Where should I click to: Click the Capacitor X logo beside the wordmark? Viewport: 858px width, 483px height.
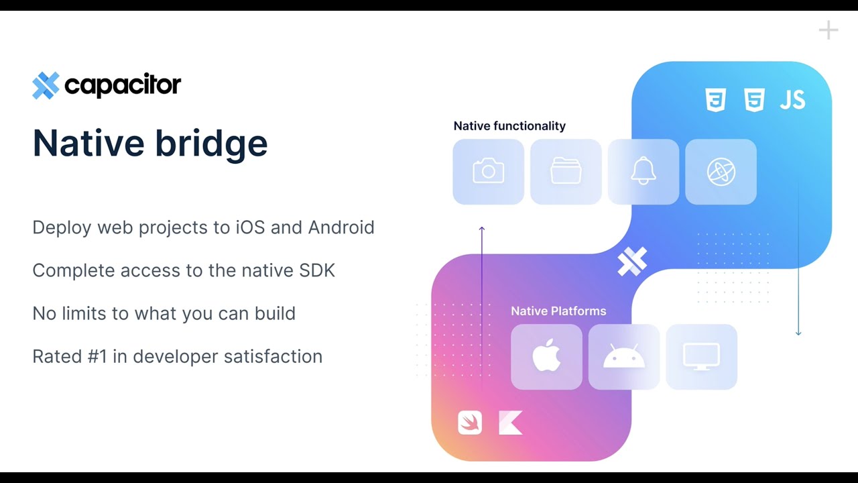[46, 85]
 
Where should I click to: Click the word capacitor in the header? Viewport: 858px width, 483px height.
[123, 85]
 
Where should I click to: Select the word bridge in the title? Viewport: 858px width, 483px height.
[220, 144]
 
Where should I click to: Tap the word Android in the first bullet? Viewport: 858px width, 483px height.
[341, 227]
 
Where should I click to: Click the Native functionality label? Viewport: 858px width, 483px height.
[509, 126]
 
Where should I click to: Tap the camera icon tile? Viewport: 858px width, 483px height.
[488, 172]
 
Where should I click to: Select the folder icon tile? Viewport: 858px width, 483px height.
[566, 172]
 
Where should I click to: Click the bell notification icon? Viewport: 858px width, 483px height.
[643, 172]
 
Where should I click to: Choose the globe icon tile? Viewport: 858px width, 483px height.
[721, 172]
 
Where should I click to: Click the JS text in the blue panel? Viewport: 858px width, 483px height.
[792, 101]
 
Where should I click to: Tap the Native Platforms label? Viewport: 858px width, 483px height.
[558, 311]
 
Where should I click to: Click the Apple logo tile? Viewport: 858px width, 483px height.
[546, 357]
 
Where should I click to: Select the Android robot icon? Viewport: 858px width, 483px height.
[624, 357]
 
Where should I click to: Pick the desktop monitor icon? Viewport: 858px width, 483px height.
[701, 357]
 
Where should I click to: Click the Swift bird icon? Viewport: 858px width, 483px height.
[470, 423]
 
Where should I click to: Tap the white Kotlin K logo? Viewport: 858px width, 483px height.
[510, 423]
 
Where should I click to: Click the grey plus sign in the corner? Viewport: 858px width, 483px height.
[829, 30]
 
